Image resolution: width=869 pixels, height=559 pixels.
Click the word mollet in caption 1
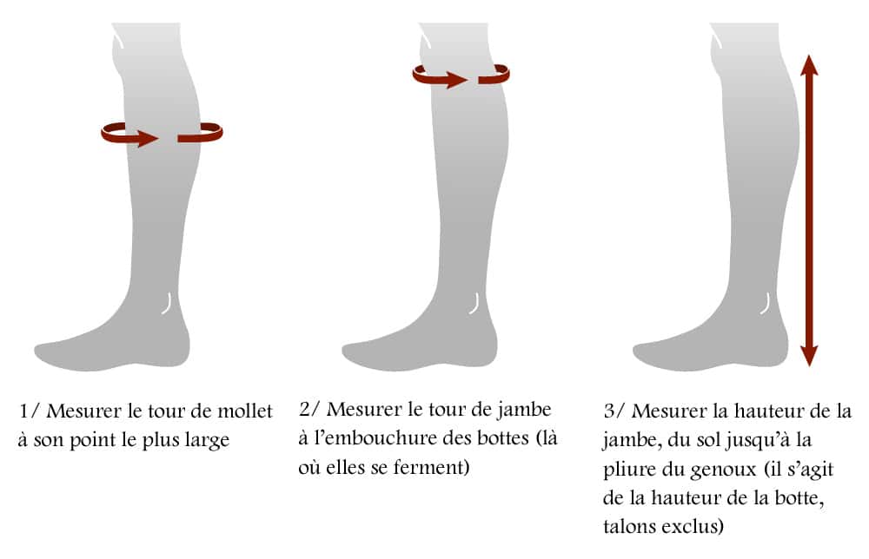coord(245,411)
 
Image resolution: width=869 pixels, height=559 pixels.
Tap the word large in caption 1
coord(208,441)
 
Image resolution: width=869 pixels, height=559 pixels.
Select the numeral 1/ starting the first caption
coord(29,411)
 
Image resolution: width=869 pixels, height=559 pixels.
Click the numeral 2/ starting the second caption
coord(309,410)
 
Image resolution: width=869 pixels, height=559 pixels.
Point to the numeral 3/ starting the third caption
coord(614,411)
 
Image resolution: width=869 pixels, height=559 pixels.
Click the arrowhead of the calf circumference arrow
coord(148,137)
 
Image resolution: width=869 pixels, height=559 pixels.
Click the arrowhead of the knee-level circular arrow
coord(457,80)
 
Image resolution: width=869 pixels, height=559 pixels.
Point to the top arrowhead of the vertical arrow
coord(809,65)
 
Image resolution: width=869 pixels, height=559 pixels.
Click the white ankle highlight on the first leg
coord(168,304)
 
